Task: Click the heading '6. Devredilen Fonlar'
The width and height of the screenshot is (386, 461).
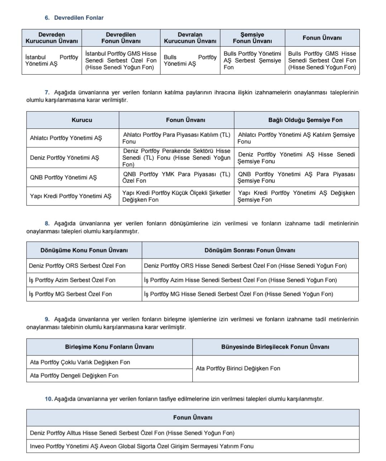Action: click(x=74, y=18)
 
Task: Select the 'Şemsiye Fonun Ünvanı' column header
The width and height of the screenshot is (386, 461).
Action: click(x=252, y=38)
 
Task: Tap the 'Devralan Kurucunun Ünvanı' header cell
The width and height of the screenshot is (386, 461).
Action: click(x=190, y=38)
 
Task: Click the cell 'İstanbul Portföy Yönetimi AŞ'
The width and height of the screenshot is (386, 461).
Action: click(x=52, y=60)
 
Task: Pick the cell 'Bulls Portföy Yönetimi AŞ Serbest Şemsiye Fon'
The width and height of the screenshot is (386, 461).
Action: click(x=252, y=60)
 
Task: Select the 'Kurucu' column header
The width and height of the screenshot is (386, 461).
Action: click(x=82, y=120)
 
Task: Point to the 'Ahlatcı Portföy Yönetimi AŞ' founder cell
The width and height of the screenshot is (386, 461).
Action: click(x=66, y=138)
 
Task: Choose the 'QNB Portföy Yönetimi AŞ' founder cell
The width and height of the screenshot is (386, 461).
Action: click(x=63, y=177)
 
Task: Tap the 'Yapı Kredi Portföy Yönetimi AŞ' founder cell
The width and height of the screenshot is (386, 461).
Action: click(x=71, y=196)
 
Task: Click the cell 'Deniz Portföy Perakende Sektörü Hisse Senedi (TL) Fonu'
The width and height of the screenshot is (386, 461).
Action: click(x=176, y=158)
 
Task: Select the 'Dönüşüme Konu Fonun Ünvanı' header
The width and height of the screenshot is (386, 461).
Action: click(x=84, y=250)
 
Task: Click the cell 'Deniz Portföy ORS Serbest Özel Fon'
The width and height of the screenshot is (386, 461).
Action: click(x=77, y=266)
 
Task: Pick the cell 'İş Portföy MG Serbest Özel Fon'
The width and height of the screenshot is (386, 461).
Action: click(x=70, y=294)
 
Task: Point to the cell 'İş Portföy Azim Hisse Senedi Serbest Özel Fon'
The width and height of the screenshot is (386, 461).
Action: click(x=240, y=280)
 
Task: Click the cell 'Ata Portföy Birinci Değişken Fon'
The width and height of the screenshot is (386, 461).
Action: click(x=238, y=368)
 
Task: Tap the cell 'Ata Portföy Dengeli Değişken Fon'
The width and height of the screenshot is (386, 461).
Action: click(x=74, y=376)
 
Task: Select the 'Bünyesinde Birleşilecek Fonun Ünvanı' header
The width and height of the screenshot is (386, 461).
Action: click(x=275, y=347)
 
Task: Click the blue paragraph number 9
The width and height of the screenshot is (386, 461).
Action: click(x=47, y=319)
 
